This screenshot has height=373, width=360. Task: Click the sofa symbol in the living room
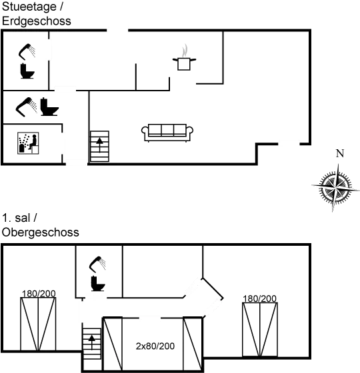click(167, 133)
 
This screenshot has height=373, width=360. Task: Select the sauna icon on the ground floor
click(28, 143)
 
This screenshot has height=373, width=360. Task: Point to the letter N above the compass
click(340, 153)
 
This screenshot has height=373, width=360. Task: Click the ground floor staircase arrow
click(99, 145)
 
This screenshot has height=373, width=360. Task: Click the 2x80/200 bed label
click(155, 346)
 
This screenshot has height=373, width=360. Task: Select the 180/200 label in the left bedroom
click(39, 294)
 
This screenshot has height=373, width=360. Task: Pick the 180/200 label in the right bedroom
click(259, 298)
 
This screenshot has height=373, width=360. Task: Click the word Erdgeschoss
click(37, 21)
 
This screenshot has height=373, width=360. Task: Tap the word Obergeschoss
click(40, 232)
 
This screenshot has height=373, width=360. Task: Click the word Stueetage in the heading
click(29, 7)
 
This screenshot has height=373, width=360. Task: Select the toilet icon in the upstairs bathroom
click(98, 284)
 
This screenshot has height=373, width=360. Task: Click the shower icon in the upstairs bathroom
click(97, 264)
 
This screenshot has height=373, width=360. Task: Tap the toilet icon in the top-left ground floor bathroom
click(27, 71)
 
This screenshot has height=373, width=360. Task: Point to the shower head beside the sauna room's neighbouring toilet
click(27, 107)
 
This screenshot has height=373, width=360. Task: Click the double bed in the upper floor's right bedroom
click(260, 330)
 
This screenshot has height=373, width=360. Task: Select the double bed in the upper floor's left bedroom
click(38, 324)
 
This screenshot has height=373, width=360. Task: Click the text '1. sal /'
click(19, 218)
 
